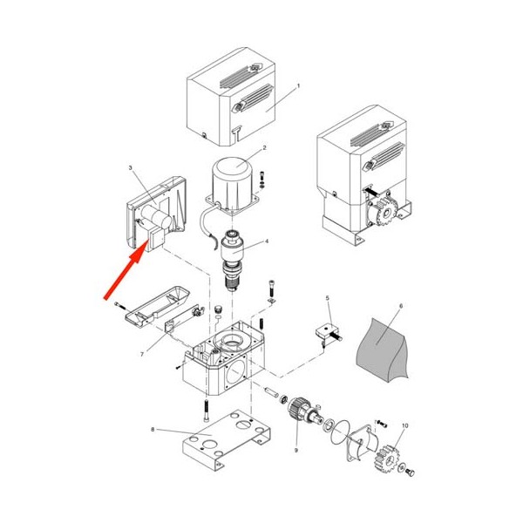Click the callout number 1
coord(298,85)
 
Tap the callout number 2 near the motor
coord(264,147)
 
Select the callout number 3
coord(131,167)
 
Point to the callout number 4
coord(267,241)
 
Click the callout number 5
coord(327,297)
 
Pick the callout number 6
coord(401,306)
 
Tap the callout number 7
coord(142,354)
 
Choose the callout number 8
coord(153,429)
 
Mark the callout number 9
coord(295,451)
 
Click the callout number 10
coord(405,426)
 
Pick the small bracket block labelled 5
coord(327,333)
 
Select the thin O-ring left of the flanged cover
coord(341,431)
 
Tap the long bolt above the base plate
coord(207,411)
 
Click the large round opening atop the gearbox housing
coord(230,341)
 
